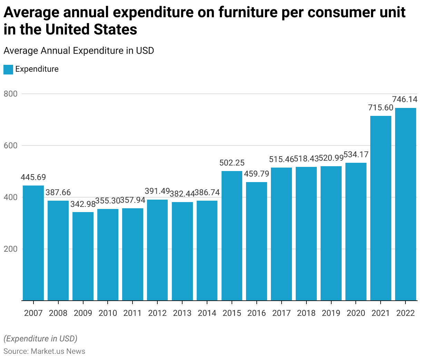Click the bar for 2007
pos(33,243)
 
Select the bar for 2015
pos(232,236)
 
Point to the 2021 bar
pos(381,208)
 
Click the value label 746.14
pos(405,99)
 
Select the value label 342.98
pos(83,204)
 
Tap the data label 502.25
pos(232,163)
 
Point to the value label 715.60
pos(381,108)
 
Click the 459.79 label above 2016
pos(256,174)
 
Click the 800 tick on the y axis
pos(10,94)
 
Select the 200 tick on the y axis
pos(10,249)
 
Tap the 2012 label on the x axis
pos(157,313)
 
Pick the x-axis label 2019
pos(331,313)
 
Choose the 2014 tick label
pos(207,313)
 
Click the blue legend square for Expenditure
pos(8,69)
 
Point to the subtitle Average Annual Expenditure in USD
pos(79,51)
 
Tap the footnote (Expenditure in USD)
pos(40,338)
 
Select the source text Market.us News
pos(58,351)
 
